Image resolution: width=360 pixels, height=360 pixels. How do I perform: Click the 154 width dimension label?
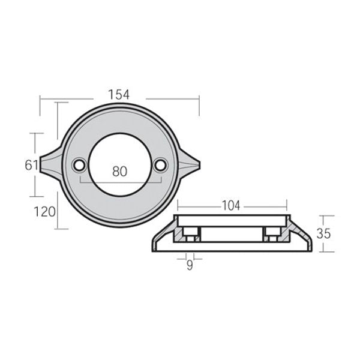pos(119,94)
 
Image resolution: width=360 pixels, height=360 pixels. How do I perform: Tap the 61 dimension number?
pos(32,165)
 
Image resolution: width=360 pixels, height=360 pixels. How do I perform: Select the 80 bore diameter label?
pos(120,171)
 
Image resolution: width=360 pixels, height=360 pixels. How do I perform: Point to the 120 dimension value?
pos(45,211)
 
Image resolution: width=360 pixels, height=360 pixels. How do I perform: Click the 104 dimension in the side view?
pos(231,206)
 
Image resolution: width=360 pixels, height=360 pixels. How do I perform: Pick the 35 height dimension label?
pos(323,233)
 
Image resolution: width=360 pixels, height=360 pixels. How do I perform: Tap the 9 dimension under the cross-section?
pos(190,265)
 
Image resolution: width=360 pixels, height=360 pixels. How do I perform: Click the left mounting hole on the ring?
pos(79,164)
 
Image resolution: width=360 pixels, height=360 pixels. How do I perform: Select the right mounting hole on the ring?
pos(160,164)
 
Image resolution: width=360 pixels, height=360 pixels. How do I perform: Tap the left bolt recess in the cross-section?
pos(190,235)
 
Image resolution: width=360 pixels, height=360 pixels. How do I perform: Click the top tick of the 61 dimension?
pos(36,133)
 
